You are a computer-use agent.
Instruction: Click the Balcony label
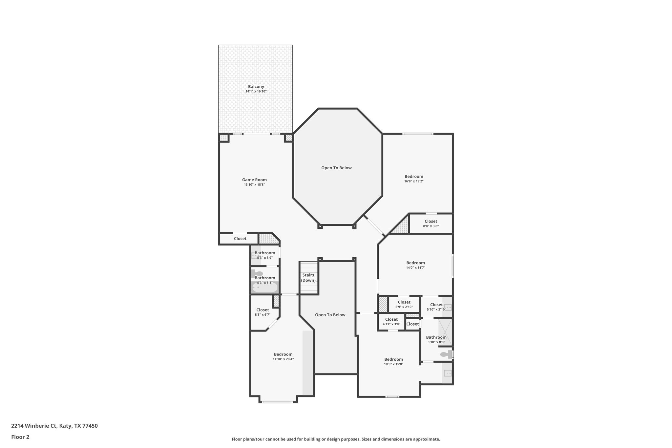click(256, 87)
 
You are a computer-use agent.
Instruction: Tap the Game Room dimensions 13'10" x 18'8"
click(254, 185)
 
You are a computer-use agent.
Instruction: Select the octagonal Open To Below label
click(336, 168)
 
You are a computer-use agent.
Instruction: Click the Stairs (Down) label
click(308, 278)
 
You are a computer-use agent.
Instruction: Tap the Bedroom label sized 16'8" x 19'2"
click(414, 177)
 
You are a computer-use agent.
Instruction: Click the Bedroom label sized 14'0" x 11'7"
click(415, 263)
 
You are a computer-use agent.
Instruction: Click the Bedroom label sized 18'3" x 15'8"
click(393, 359)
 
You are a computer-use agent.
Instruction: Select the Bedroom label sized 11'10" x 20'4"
click(283, 354)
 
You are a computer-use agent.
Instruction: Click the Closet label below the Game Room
click(240, 239)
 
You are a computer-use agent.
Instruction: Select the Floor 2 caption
click(20, 437)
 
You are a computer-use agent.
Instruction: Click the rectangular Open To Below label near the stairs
click(330, 315)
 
